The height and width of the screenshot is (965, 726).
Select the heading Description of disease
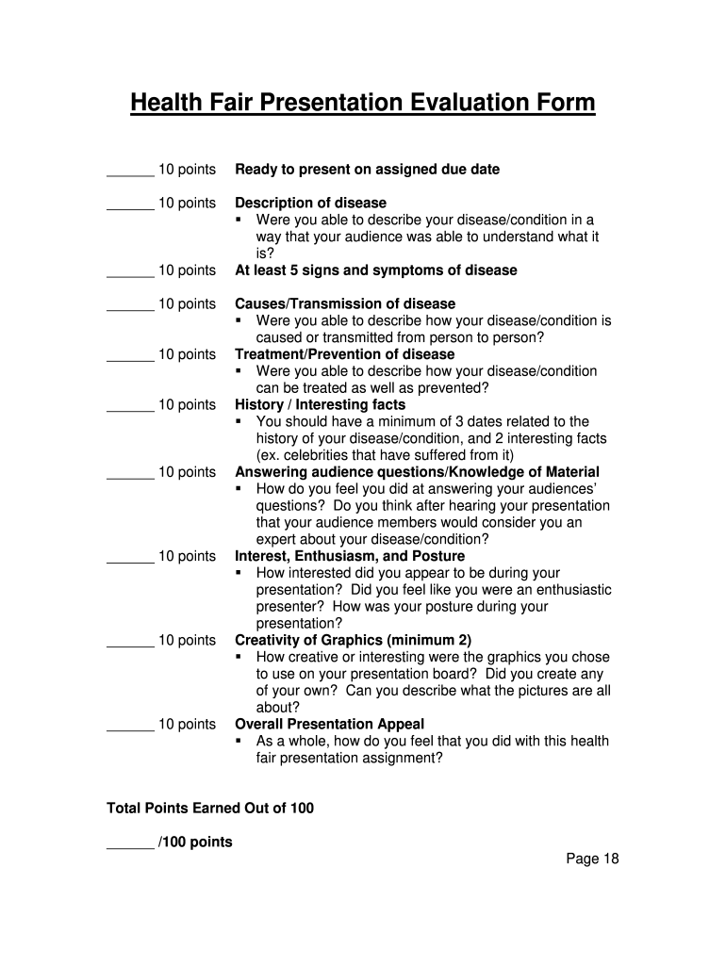click(310, 203)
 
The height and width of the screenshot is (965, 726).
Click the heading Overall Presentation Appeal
click(329, 724)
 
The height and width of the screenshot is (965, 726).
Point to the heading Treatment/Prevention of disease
click(344, 354)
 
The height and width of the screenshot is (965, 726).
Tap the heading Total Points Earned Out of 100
click(210, 808)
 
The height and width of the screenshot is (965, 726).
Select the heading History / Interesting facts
click(320, 404)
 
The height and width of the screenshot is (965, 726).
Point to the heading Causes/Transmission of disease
click(344, 303)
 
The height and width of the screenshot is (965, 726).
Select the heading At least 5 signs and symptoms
click(375, 270)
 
